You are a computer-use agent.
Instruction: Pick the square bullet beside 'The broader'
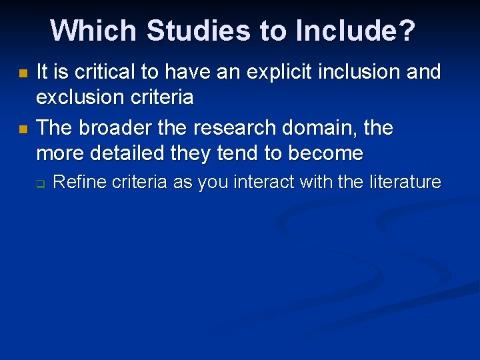(x=22, y=127)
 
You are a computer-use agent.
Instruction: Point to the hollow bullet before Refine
(x=40, y=183)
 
